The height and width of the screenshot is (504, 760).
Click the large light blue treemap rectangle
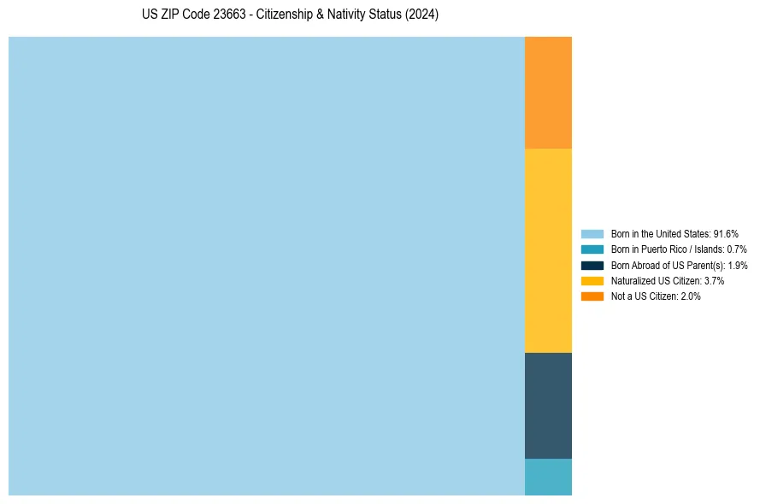point(266,266)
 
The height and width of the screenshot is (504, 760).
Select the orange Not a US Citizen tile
point(548,92)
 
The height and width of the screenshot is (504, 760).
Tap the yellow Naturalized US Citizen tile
point(548,250)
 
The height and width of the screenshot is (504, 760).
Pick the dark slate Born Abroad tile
point(548,406)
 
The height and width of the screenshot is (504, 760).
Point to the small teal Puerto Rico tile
point(548,477)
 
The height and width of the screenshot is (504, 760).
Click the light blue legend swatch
point(592,234)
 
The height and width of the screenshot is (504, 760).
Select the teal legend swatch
point(592,249)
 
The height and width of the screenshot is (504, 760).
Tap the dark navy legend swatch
point(592,265)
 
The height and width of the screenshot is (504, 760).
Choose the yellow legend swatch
point(592,280)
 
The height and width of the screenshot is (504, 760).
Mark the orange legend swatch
point(592,296)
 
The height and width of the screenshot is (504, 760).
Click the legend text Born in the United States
point(660,234)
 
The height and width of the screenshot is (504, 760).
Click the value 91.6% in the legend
point(726,234)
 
